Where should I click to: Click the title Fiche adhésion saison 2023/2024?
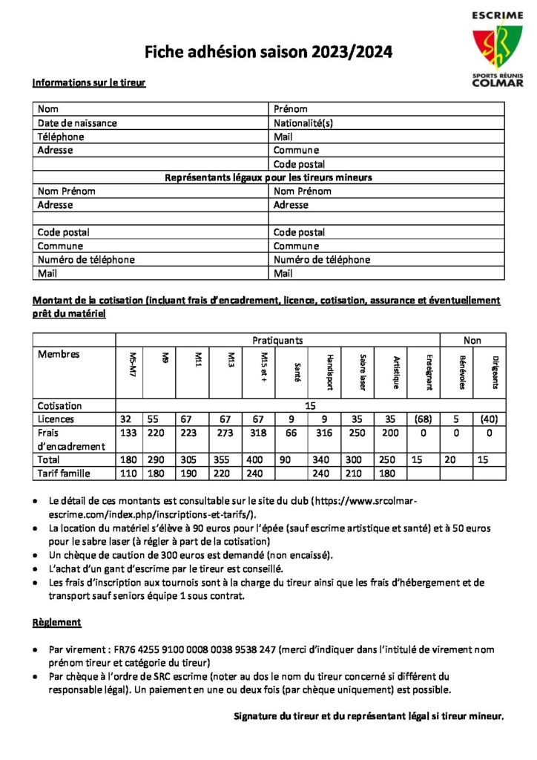268,52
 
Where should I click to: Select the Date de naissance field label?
77,123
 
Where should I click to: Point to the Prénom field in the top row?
291,109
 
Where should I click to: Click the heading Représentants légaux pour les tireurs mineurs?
268,177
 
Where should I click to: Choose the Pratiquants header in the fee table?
277,341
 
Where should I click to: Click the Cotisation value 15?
310,406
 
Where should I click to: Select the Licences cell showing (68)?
424,419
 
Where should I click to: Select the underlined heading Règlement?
56,623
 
